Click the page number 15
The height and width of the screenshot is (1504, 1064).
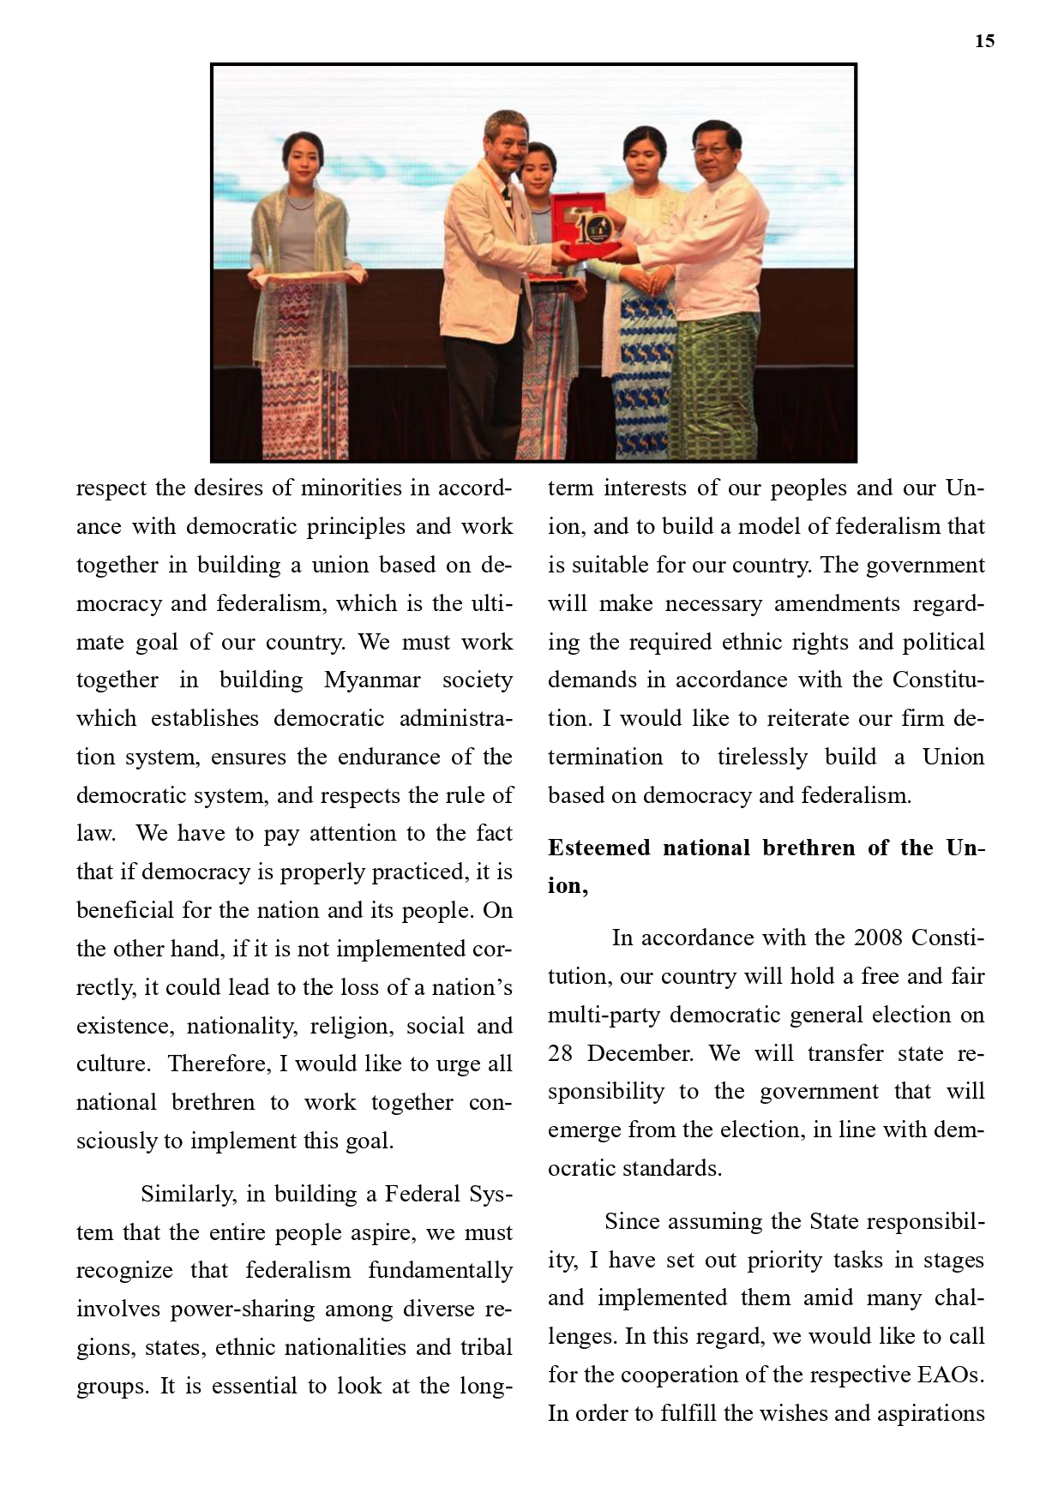coord(984,41)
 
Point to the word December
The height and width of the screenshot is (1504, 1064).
coord(640,1053)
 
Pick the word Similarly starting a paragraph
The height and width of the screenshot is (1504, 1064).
coord(189,1194)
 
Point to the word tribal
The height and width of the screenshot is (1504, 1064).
coord(486,1347)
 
